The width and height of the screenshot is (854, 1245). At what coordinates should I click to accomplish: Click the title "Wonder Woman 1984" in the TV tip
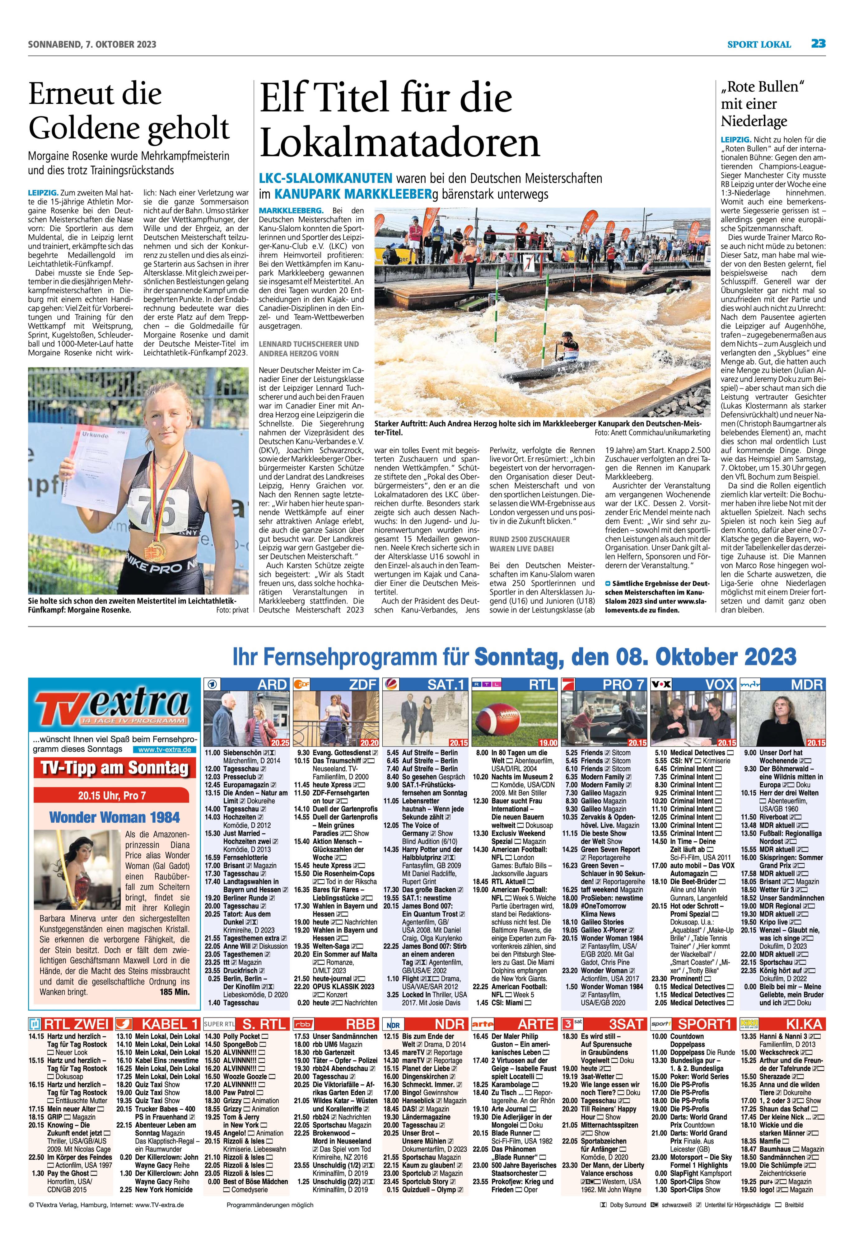[114, 817]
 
